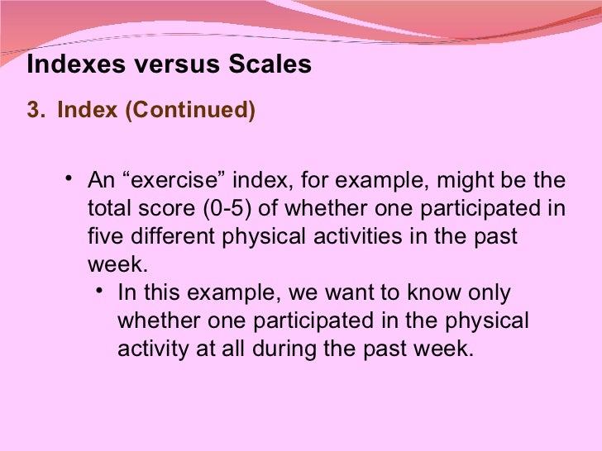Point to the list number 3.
(35, 111)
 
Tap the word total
(107, 209)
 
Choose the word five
(105, 237)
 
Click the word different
(171, 237)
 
